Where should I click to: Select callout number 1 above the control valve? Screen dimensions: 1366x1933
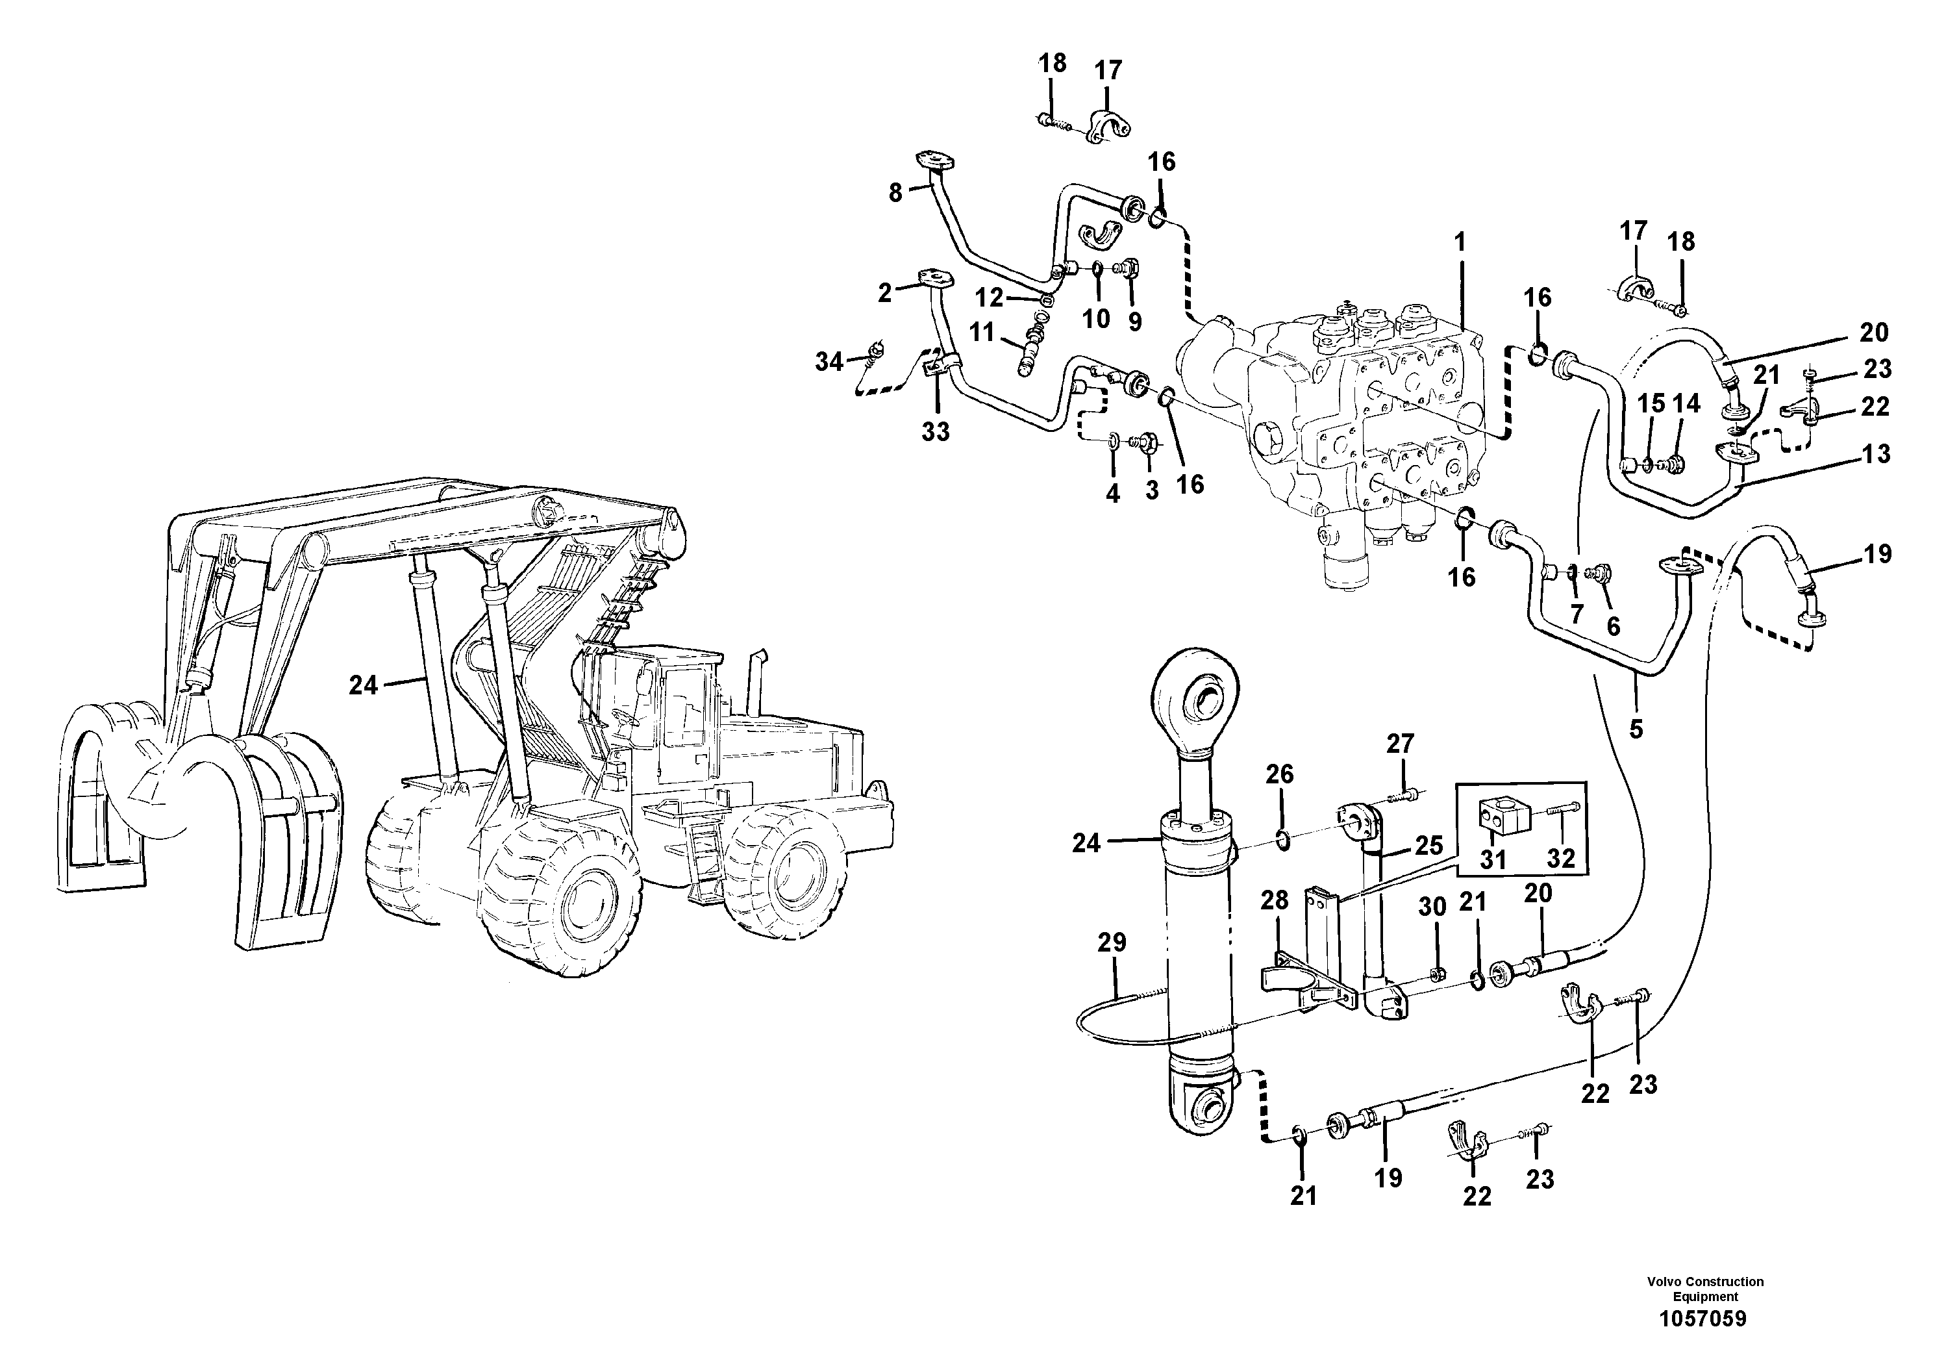click(x=1460, y=242)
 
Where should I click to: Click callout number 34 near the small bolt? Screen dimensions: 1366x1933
click(x=829, y=362)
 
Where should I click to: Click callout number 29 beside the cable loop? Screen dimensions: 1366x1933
click(x=1112, y=942)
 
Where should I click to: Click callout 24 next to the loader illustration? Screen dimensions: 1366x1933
click(x=363, y=685)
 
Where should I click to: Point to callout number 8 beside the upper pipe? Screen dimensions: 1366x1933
click(x=895, y=193)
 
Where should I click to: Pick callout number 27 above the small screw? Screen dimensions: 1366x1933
click(x=1400, y=744)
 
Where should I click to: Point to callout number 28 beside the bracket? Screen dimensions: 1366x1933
click(x=1274, y=900)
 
